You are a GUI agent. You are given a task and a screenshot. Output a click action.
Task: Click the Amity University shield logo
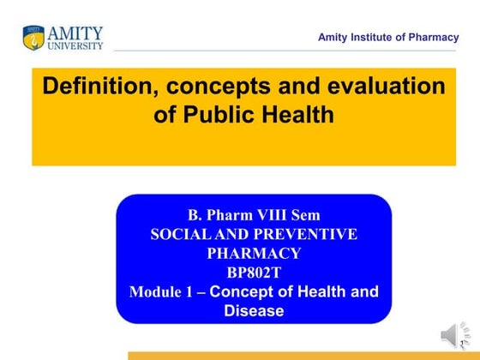(x=33, y=37)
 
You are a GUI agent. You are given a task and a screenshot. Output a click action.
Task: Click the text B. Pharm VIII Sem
(x=253, y=214)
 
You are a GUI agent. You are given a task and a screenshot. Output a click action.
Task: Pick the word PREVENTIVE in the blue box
(x=303, y=233)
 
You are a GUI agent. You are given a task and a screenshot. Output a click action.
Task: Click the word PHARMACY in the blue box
(x=253, y=253)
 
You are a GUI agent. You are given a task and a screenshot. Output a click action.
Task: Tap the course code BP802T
(x=253, y=272)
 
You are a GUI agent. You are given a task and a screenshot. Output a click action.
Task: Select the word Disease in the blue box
(x=253, y=310)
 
